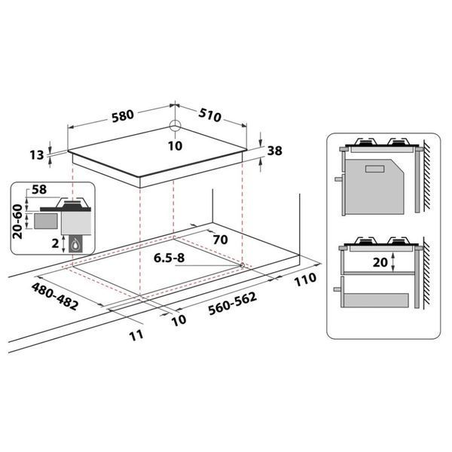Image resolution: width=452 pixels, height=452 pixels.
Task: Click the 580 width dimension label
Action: point(123,116)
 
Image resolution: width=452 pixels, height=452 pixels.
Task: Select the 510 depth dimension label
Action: point(210,115)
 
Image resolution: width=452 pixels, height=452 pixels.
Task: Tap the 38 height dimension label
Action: point(275,151)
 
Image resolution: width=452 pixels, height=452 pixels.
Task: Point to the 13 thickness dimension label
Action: point(37,155)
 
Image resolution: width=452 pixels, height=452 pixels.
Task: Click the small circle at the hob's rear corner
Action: point(175,125)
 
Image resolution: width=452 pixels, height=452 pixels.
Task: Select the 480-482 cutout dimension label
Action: point(55,296)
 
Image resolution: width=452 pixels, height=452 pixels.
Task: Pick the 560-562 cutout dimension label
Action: point(232,304)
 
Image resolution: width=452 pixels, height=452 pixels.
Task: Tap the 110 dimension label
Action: point(305,279)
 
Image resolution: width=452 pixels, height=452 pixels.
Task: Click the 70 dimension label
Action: point(220,240)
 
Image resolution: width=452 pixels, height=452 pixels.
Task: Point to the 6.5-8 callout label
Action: point(169,258)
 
